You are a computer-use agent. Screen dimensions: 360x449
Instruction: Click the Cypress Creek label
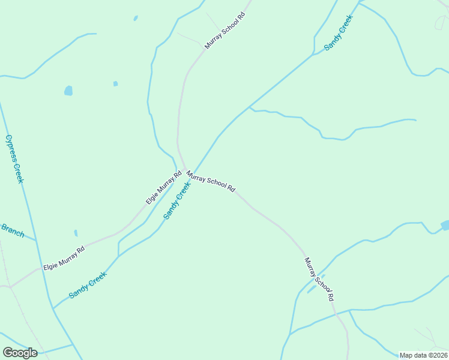(14, 158)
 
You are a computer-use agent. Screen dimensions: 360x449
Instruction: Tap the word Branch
(12, 230)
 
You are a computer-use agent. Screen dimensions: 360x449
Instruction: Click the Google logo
(20, 353)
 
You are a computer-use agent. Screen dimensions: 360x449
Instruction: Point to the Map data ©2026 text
(423, 355)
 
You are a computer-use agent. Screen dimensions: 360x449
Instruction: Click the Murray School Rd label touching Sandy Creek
(210, 181)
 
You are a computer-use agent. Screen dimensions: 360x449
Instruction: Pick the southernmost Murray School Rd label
(319, 279)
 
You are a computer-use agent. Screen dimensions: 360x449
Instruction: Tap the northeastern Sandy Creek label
(339, 32)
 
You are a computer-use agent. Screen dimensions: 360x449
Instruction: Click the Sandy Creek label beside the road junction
(177, 200)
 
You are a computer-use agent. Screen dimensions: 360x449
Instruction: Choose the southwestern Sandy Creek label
(88, 285)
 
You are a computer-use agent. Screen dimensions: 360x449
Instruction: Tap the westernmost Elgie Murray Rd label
(64, 257)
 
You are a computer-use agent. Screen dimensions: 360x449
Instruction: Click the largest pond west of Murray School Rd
(68, 91)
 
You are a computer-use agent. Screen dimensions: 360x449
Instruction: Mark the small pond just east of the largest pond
(115, 83)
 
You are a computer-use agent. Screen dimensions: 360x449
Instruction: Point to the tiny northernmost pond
(136, 18)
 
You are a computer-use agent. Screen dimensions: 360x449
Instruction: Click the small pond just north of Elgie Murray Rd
(76, 233)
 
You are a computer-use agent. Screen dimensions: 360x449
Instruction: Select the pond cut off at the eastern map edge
(445, 225)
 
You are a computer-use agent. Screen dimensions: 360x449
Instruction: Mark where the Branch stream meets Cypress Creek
(35, 241)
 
